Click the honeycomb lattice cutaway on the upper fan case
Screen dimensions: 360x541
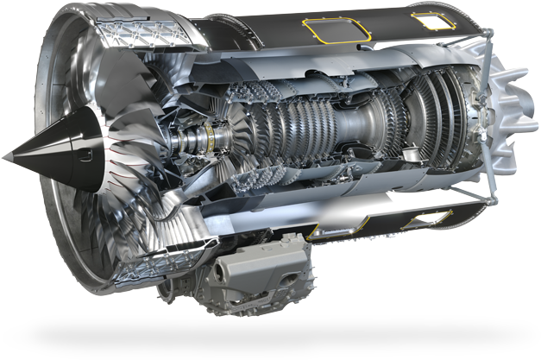pyautogui.click(x=129, y=35)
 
